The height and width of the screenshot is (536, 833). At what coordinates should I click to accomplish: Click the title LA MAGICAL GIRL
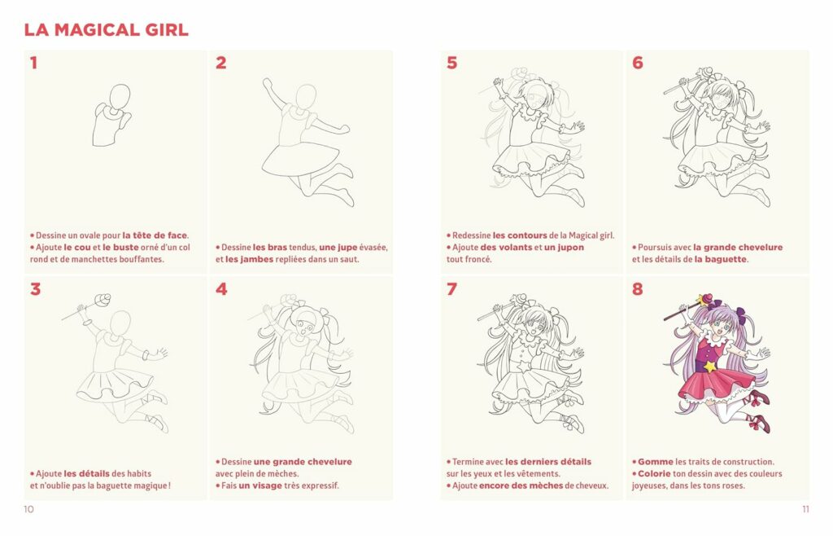pyautogui.click(x=106, y=30)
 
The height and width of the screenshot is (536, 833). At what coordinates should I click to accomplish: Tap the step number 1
pyautogui.click(x=33, y=63)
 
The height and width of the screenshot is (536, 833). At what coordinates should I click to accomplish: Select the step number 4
pyautogui.click(x=220, y=289)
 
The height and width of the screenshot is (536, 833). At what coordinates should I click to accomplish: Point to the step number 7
pyautogui.click(x=451, y=289)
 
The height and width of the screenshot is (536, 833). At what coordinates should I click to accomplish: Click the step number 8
pyautogui.click(x=637, y=289)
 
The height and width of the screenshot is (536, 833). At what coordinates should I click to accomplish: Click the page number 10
pyautogui.click(x=30, y=510)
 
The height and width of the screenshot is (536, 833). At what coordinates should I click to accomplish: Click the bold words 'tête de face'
pyautogui.click(x=155, y=235)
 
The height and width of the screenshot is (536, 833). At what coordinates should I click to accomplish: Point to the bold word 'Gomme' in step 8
pyautogui.click(x=655, y=462)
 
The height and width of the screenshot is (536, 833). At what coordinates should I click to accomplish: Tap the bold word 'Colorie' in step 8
pyautogui.click(x=656, y=474)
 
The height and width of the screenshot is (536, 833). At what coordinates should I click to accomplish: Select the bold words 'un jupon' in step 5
pyautogui.click(x=564, y=248)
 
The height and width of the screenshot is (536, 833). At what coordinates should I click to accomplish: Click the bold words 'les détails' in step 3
pyautogui.click(x=84, y=474)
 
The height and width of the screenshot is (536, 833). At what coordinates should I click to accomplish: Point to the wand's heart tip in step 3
pyautogui.click(x=102, y=299)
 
